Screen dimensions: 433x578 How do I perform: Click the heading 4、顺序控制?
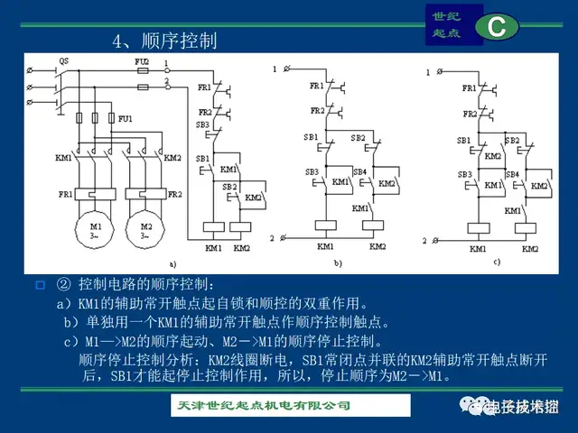(164, 41)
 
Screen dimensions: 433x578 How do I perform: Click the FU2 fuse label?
(142, 60)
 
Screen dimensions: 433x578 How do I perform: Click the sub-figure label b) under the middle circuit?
(338, 263)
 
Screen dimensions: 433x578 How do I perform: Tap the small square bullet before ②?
(39, 286)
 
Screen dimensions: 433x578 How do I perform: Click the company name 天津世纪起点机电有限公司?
(262, 406)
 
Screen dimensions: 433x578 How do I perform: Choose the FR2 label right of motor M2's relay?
(174, 194)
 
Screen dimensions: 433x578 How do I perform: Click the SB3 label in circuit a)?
(202, 124)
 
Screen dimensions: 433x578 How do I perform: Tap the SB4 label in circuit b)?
(359, 170)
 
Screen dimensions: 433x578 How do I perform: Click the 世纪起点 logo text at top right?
(445, 24)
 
